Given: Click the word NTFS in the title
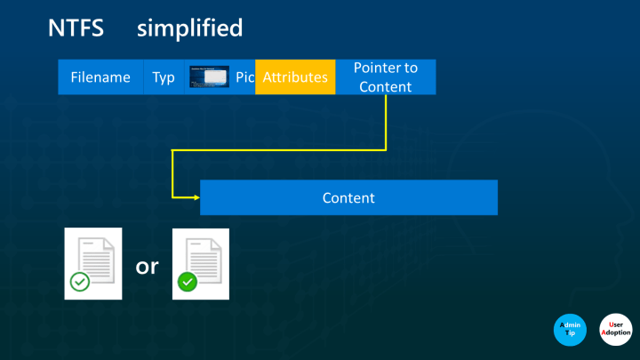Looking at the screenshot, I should coord(76,28).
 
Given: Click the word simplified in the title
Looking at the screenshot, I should coord(189,28).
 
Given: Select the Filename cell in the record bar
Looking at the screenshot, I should coord(100,77).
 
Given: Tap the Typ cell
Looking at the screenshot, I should coord(164,77).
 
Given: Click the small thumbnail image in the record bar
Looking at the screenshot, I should coord(210,77).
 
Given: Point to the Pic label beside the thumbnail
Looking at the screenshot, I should coord(245,77).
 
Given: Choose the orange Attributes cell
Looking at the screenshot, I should coord(295,77).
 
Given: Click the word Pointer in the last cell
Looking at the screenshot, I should coord(385,68).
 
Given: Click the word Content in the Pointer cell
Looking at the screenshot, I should coord(385,87).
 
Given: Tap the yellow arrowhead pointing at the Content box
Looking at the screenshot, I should coord(194,196).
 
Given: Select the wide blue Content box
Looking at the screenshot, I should coord(348,197).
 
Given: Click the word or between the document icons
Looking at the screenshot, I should coord(147,265).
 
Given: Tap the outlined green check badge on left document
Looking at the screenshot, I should coord(80,283).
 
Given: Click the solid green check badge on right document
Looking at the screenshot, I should coord(187,283).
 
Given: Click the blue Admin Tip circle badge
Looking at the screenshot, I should coord(571,331).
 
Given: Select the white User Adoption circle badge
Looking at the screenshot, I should coord(615,331).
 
